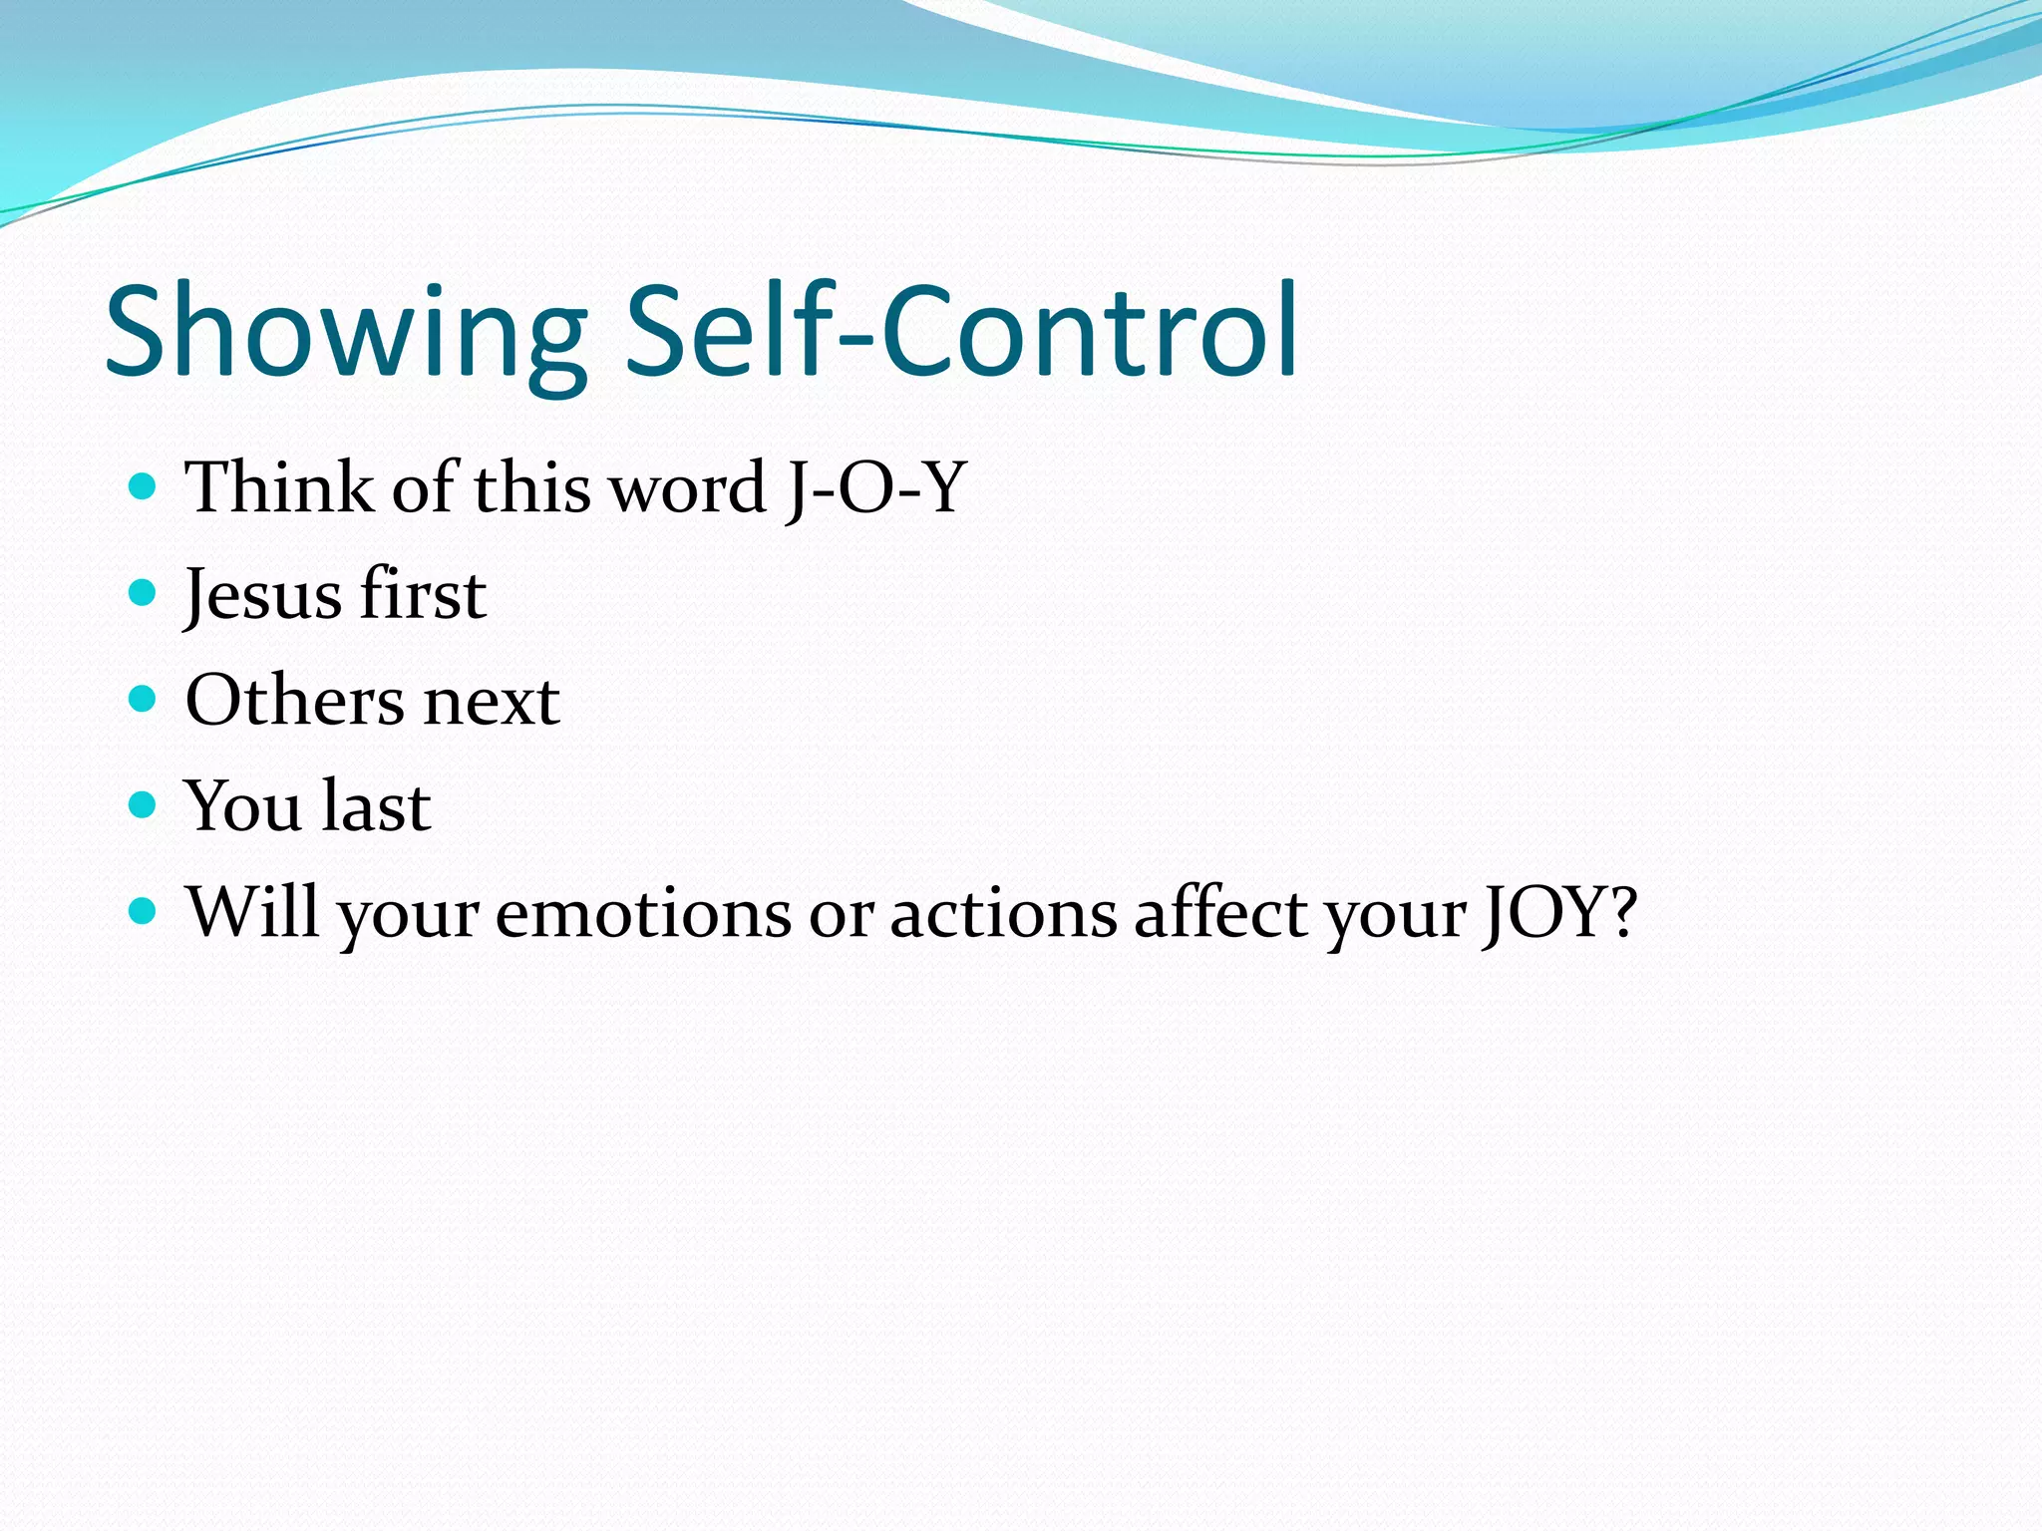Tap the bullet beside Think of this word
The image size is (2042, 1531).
pyautogui.click(x=144, y=486)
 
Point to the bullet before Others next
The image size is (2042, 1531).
pyautogui.click(x=144, y=699)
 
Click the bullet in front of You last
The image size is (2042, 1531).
pyautogui.click(x=144, y=804)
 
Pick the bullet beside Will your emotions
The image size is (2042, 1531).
pyautogui.click(x=144, y=910)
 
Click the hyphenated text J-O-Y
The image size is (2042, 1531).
pyautogui.click(x=875, y=488)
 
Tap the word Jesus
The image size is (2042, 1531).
pyautogui.click(x=263, y=595)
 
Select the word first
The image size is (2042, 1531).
pyautogui.click(x=423, y=595)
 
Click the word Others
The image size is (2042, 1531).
pyautogui.click(x=294, y=701)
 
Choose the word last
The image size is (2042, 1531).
pyautogui.click(x=376, y=806)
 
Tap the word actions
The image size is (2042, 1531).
pyautogui.click(x=1003, y=913)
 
